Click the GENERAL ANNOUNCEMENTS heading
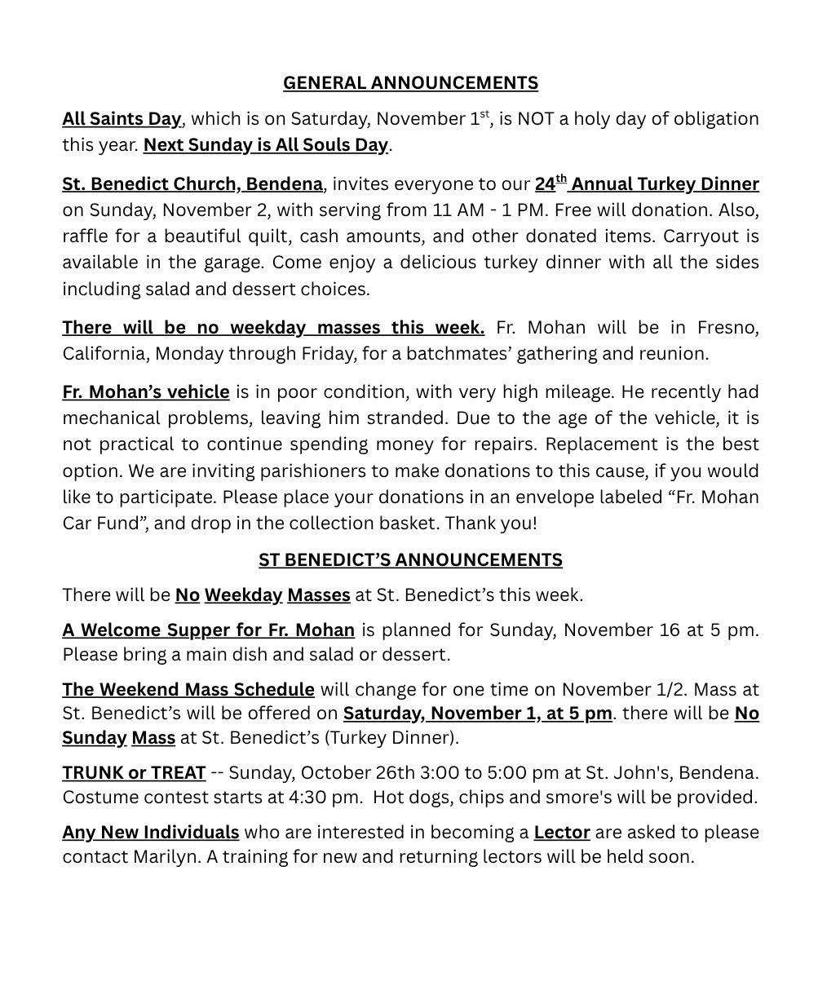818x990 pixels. click(x=410, y=83)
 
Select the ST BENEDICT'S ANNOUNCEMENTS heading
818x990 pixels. click(x=410, y=560)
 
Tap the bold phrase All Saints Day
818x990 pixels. click(x=122, y=119)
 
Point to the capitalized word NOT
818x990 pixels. click(x=538, y=119)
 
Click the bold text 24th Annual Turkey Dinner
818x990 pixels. click(x=647, y=184)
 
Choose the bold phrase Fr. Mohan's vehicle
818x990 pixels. click(x=146, y=392)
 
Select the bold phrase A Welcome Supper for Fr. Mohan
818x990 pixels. click(x=208, y=630)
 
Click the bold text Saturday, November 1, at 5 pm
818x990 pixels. click(x=477, y=714)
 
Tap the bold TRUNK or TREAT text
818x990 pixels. click(x=134, y=772)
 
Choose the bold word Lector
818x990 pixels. click(x=562, y=833)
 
